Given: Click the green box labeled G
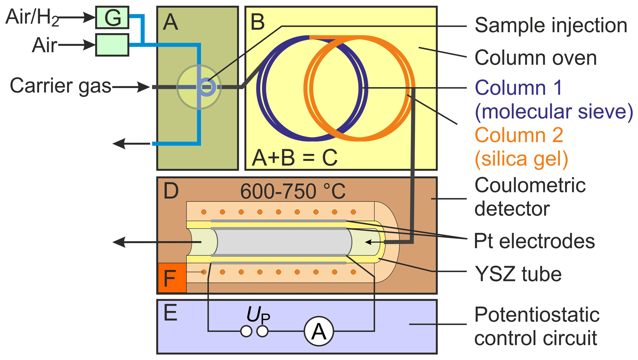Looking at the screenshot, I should click(112, 17).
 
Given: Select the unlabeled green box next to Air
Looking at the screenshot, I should click(112, 45).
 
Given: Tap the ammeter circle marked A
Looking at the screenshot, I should click(319, 331).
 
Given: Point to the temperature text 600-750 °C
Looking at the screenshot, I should click(293, 191).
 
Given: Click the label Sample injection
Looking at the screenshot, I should click(551, 25).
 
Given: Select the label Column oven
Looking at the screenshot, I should click(536, 58).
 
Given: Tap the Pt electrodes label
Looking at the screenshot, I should click(534, 241).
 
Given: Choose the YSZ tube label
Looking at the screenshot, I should click(518, 274).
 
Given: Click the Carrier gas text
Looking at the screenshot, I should click(60, 86).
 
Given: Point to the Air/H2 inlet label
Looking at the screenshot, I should click(32, 17).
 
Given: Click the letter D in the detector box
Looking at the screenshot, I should click(171, 190).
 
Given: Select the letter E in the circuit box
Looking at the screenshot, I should click(170, 313).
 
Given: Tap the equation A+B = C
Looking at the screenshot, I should click(294, 158).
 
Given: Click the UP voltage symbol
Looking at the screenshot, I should click(258, 315).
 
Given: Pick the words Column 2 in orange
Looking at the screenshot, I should click(519, 135).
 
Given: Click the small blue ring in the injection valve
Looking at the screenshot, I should click(206, 87).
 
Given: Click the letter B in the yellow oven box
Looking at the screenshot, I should click(257, 22).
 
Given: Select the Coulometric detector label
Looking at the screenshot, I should click(530, 197).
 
